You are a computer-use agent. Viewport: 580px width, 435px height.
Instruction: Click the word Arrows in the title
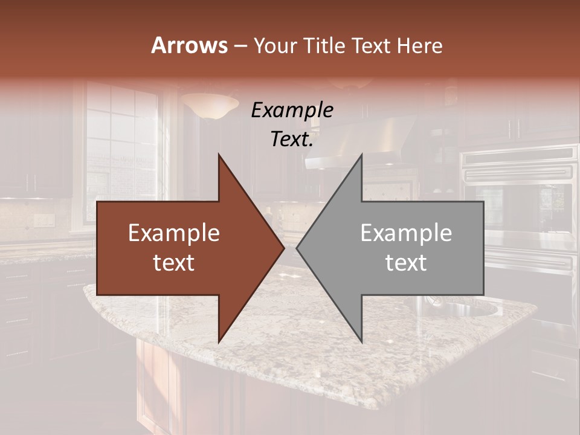(x=190, y=45)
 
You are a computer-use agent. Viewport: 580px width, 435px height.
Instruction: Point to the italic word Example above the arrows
(x=292, y=111)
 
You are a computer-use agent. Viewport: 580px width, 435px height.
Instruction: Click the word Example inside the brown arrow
(x=174, y=233)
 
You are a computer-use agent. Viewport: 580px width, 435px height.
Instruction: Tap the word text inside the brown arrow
(x=174, y=263)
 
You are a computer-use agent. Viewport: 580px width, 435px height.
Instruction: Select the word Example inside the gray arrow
(x=406, y=233)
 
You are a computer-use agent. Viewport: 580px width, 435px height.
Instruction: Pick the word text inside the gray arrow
(x=406, y=263)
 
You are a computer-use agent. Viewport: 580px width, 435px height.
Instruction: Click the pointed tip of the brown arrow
(x=283, y=248)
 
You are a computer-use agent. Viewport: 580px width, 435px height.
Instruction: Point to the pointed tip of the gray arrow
(x=297, y=248)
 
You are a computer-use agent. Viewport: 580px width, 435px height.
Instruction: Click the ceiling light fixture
(x=210, y=106)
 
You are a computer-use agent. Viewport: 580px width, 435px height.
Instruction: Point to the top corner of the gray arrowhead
(x=361, y=155)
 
